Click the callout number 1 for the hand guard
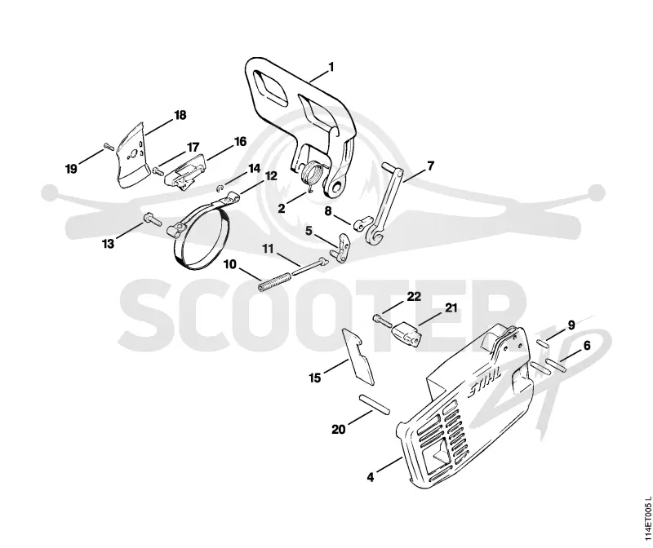(x=331, y=67)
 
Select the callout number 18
(x=180, y=115)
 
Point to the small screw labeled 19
(x=109, y=146)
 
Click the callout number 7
(x=431, y=166)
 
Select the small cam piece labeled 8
(x=361, y=223)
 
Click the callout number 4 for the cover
(x=371, y=477)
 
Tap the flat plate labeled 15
(x=358, y=356)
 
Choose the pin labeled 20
(x=375, y=404)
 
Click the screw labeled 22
(x=381, y=320)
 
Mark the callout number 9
(x=571, y=325)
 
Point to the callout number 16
(x=240, y=142)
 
